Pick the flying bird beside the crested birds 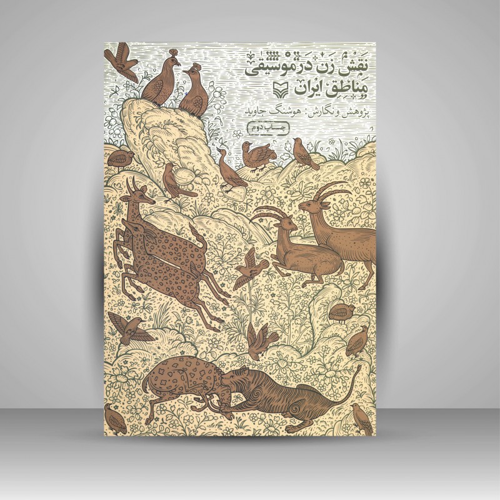(x=121, y=61)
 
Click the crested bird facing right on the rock (x=159, y=81)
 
